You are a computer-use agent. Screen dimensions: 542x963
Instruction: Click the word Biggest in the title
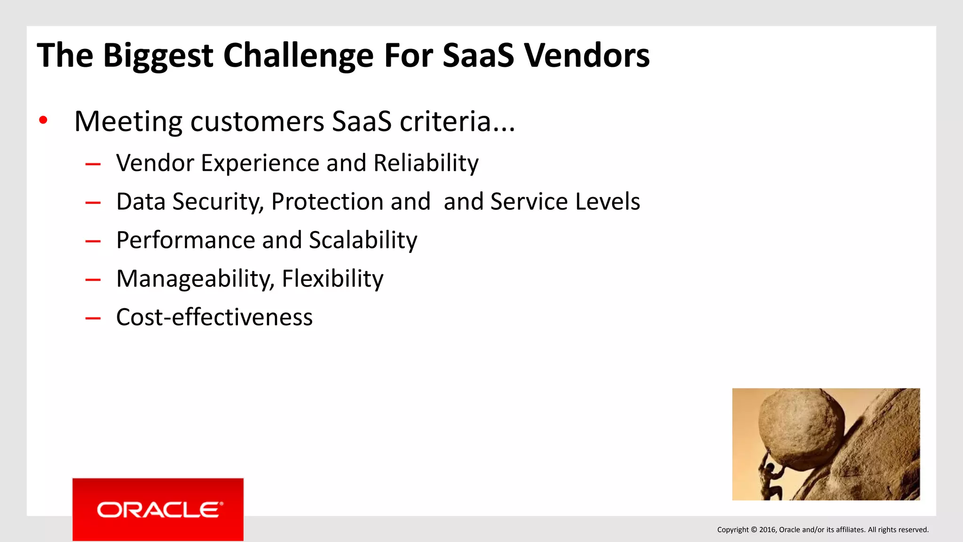pos(158,56)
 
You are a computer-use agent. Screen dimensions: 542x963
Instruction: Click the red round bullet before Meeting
pos(43,120)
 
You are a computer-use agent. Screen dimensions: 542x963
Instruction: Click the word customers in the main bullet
pos(257,121)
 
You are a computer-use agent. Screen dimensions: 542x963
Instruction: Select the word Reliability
pos(426,163)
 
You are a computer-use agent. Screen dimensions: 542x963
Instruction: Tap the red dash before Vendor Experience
pos(93,164)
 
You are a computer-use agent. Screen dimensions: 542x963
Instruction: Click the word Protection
pos(351,202)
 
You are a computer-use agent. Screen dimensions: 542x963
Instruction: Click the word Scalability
pos(363,240)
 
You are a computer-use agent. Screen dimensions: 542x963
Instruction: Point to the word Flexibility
pos(332,279)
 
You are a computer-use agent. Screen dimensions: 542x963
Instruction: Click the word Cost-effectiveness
pos(214,318)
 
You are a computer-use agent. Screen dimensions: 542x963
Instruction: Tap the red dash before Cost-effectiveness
pos(93,319)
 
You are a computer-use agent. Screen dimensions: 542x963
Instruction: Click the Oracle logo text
pos(159,510)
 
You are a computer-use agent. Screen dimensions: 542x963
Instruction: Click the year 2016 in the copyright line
pos(768,530)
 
